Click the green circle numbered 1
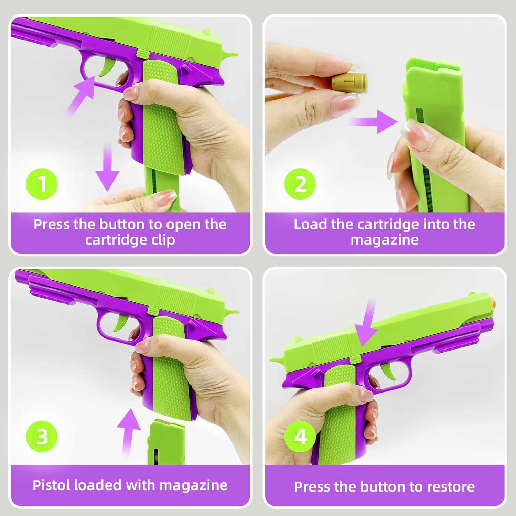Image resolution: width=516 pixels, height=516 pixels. click(x=42, y=184)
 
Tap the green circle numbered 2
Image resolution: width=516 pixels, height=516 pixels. click(x=300, y=184)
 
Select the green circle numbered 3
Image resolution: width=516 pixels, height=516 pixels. click(x=42, y=437)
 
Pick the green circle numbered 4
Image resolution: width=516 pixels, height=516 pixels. click(x=300, y=437)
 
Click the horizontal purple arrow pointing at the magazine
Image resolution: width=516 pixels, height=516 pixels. click(x=373, y=121)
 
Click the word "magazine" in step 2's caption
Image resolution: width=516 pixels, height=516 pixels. click(x=385, y=240)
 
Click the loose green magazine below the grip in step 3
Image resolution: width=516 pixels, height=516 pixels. click(x=166, y=442)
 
